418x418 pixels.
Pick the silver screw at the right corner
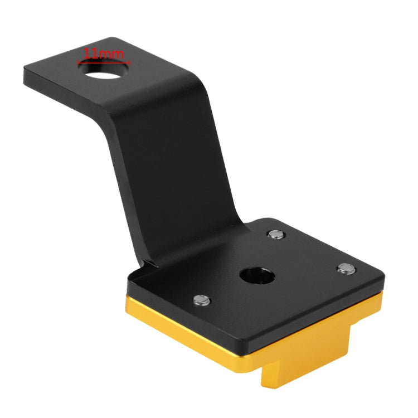[346, 269]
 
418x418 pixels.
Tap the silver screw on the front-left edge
[201, 300]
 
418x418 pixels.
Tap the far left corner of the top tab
[25, 71]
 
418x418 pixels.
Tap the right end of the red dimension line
[130, 62]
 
